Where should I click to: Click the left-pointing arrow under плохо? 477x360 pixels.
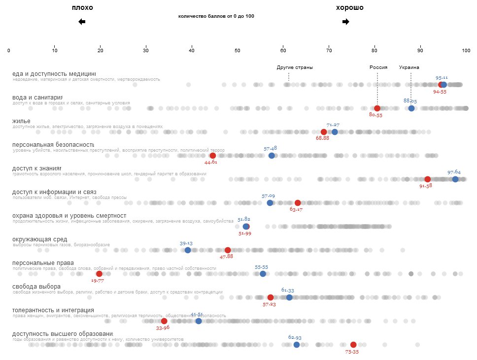[82, 22]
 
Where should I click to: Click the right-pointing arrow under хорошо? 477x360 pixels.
[345, 22]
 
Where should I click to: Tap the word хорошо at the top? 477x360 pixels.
[349, 8]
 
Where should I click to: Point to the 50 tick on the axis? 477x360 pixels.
[238, 50]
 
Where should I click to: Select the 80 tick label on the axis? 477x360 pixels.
[375, 50]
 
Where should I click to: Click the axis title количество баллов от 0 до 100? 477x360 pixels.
[216, 16]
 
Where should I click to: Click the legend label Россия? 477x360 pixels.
[378, 67]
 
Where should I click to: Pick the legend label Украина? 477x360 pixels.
[409, 67]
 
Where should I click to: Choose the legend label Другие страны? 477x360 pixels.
[295, 67]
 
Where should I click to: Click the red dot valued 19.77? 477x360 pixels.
[99, 274]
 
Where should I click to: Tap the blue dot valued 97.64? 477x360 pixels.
[455, 179]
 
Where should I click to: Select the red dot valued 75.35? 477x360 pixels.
[353, 345]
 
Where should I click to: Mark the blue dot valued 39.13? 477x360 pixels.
[188, 250]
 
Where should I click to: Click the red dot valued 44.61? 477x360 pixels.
[213, 156]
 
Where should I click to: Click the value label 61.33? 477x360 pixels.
[288, 291]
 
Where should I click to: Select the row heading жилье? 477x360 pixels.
[22, 121]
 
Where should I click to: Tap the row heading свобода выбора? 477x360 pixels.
[36, 287]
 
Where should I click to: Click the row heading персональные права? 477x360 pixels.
[43, 263]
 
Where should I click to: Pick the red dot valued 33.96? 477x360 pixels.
[164, 321]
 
